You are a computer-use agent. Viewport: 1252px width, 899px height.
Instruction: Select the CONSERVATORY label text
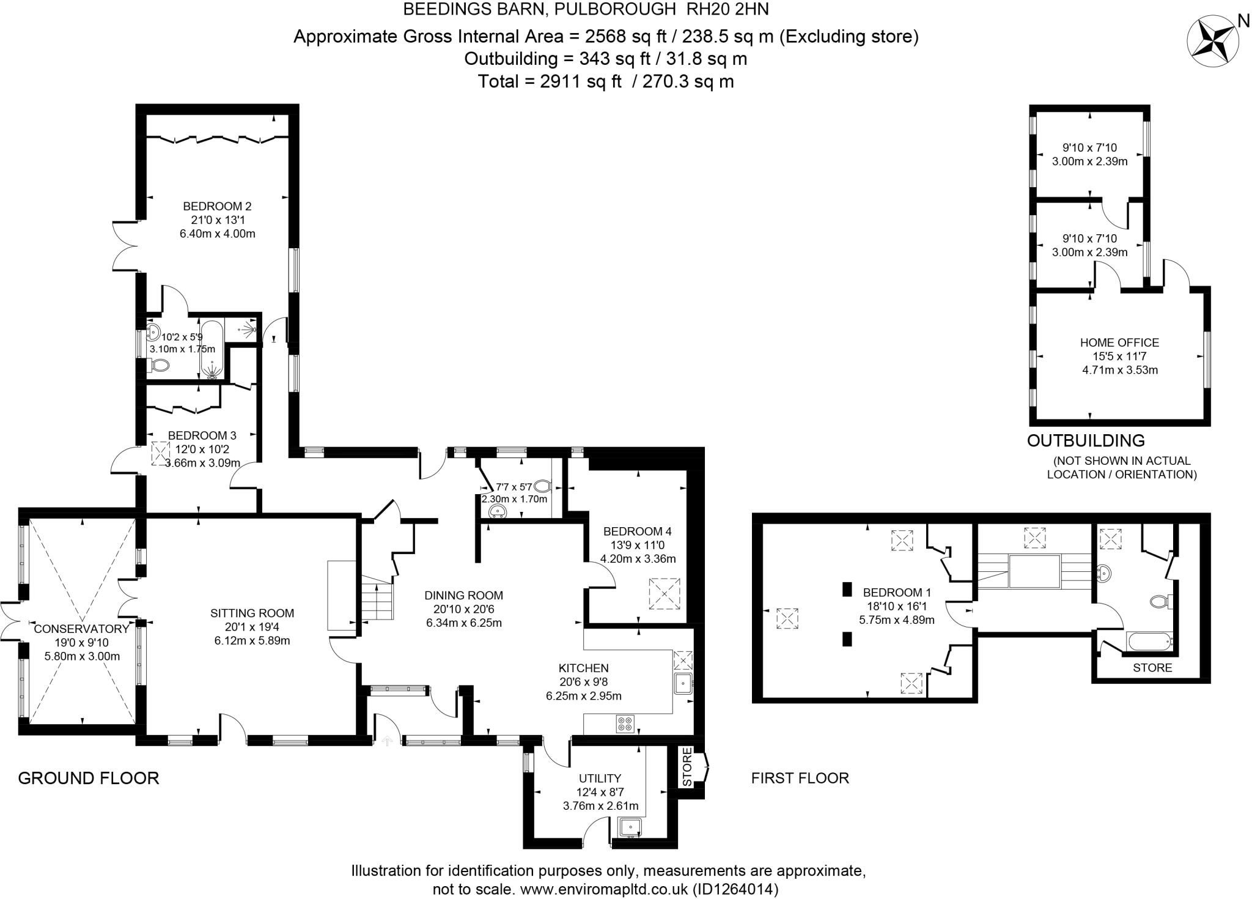pyautogui.click(x=82, y=629)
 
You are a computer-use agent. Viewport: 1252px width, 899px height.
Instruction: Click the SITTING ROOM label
pyautogui.click(x=252, y=613)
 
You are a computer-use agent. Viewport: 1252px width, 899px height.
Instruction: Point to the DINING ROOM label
pyautogui.click(x=463, y=595)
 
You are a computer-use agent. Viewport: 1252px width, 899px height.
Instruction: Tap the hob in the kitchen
pyautogui.click(x=625, y=724)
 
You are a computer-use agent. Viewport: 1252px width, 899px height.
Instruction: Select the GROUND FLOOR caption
pyautogui.click(x=89, y=778)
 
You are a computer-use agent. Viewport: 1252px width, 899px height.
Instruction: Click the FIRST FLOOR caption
pyautogui.click(x=800, y=778)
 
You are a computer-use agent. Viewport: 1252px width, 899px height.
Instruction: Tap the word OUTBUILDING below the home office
pyautogui.click(x=1086, y=440)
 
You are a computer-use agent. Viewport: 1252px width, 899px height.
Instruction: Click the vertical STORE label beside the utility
pyautogui.click(x=687, y=767)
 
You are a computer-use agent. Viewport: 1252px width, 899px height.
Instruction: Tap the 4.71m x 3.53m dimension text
pyautogui.click(x=1120, y=369)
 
